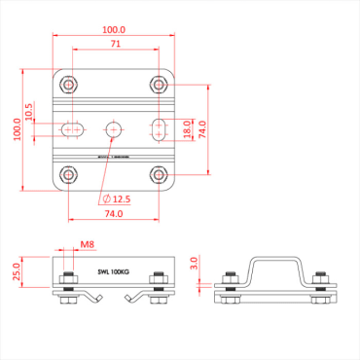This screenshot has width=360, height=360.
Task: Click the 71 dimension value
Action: [x=116, y=45]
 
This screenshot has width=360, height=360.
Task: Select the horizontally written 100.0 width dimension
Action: [x=116, y=30]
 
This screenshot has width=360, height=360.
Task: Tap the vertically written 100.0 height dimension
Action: [x=18, y=128]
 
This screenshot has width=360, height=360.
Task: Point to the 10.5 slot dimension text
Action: [x=29, y=113]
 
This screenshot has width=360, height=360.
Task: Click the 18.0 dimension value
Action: [x=187, y=128]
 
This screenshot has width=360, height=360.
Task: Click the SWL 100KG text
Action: [x=113, y=273]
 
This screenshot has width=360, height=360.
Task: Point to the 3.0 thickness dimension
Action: [x=194, y=263]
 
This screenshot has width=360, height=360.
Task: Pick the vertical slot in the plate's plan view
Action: [x=160, y=128]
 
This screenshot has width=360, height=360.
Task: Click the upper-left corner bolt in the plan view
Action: [x=68, y=84]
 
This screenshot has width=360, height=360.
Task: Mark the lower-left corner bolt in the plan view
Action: [x=68, y=175]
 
